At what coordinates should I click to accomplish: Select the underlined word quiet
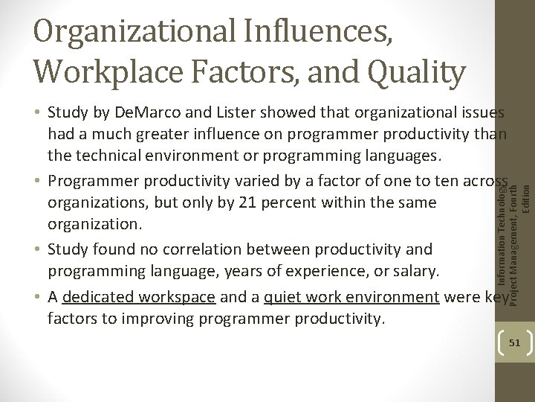(x=279, y=297)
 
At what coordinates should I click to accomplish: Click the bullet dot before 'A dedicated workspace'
(x=36, y=298)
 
